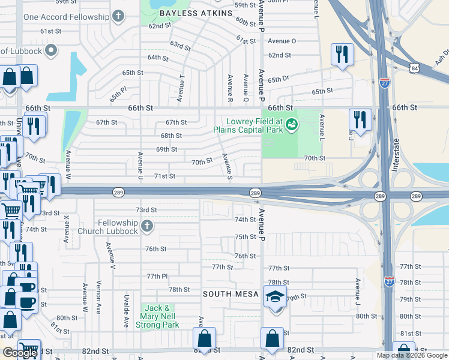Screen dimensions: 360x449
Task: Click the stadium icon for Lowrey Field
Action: (x=292, y=124)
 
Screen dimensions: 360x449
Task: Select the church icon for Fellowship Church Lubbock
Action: (x=147, y=226)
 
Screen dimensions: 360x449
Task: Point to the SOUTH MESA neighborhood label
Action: (x=231, y=294)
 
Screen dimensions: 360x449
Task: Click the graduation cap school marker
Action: (x=275, y=298)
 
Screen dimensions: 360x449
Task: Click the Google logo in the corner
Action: (x=20, y=353)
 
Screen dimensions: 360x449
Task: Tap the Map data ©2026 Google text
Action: (x=411, y=355)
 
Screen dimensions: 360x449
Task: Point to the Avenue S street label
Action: (x=227, y=166)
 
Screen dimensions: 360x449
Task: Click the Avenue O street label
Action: (x=282, y=41)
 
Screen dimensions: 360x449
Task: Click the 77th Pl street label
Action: (x=157, y=276)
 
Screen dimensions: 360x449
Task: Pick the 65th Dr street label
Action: (x=279, y=79)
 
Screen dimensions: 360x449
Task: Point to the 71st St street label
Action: (x=164, y=176)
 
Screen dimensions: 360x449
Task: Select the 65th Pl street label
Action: (x=118, y=93)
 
